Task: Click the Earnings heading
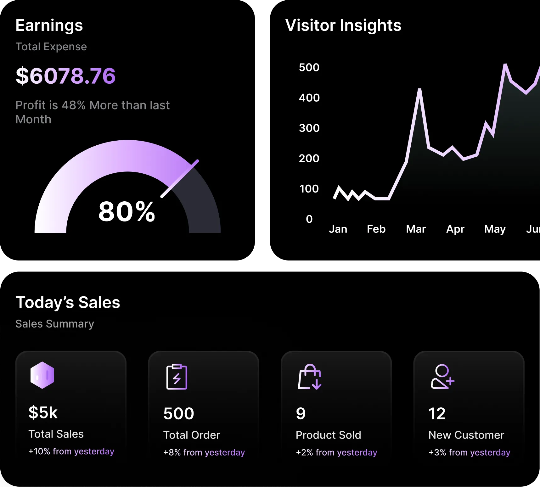point(49,25)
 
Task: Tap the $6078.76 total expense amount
point(65,76)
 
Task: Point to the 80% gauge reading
point(127,212)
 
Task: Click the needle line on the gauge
point(180,179)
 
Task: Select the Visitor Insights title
point(343,25)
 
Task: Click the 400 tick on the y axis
point(309,98)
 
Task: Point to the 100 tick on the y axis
point(309,189)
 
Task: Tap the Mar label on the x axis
point(416,229)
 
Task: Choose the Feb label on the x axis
point(376,229)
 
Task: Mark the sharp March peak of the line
point(419,91)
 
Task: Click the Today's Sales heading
point(68,303)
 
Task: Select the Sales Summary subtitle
point(55,324)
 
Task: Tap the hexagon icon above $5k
point(42,375)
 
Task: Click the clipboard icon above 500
point(177,377)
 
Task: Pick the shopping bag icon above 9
point(310,377)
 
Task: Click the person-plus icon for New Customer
point(442,377)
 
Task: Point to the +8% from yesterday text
point(204,452)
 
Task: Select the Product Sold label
point(328,435)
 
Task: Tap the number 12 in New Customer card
point(437,414)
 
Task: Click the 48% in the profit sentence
point(74,105)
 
